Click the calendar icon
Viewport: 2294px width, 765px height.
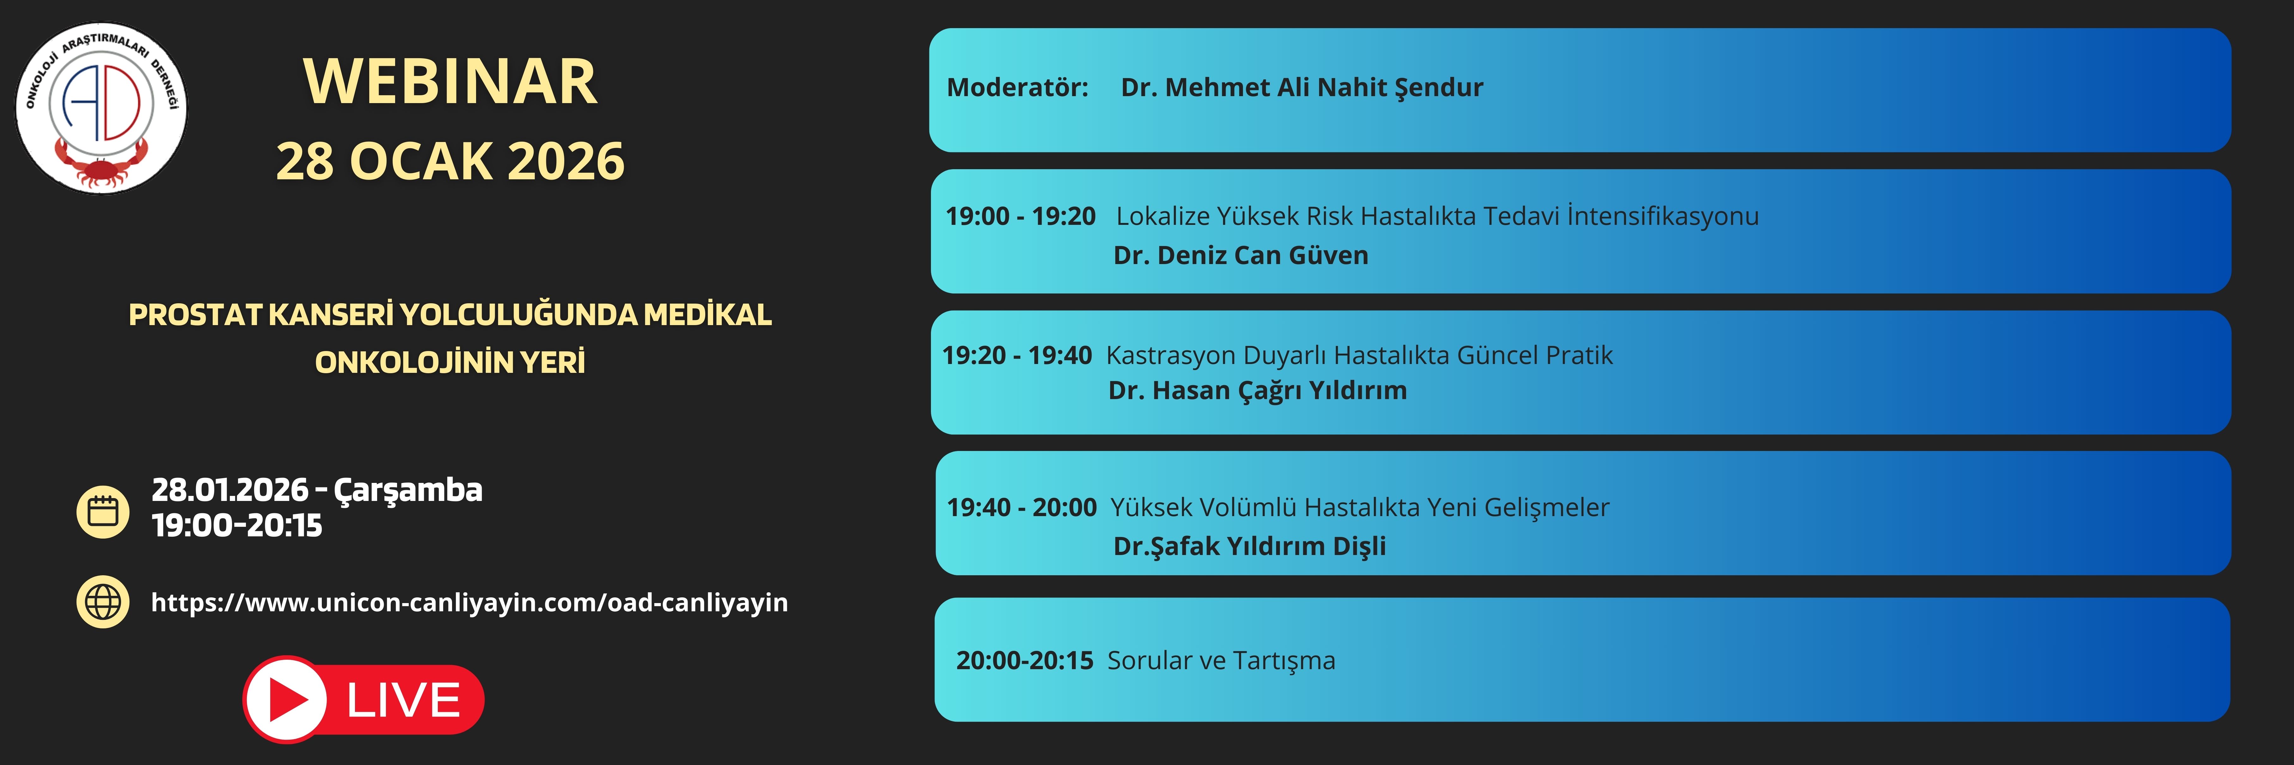pos(103,512)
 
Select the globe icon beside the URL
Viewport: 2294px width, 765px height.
pos(103,602)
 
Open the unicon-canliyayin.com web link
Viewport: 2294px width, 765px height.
pos(469,603)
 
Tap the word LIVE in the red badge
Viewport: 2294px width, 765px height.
pos(403,700)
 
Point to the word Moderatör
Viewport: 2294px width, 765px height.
pos(1017,87)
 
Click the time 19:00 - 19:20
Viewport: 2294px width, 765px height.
pos(1020,216)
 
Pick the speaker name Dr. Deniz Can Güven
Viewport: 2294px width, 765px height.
pos(1240,256)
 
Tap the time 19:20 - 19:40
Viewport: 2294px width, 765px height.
pos(1017,355)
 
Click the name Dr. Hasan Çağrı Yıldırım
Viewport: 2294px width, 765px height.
pos(1257,391)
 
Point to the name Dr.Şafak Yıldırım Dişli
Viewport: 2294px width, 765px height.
pos(1249,546)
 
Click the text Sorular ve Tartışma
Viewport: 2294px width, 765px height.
pos(1221,661)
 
